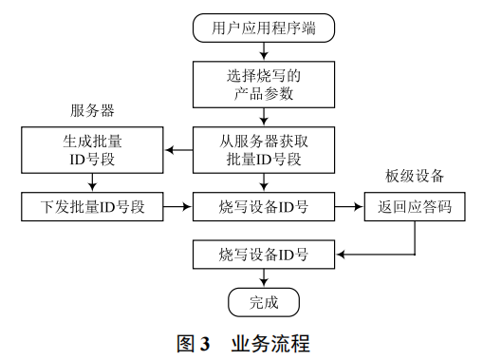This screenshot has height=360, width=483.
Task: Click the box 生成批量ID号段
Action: point(92,149)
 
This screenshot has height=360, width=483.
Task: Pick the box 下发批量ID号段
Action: point(92,205)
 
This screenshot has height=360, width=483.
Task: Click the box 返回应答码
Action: point(415,205)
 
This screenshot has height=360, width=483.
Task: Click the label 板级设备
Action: point(415,176)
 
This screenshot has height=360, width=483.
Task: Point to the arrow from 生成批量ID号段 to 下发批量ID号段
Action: point(92,180)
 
